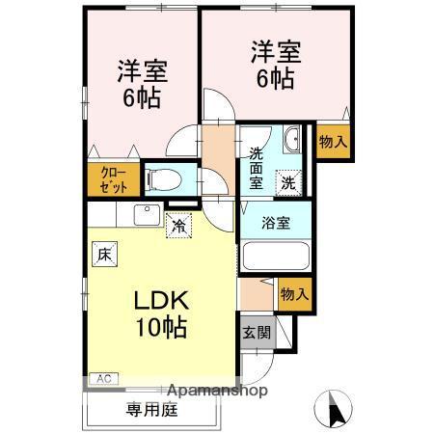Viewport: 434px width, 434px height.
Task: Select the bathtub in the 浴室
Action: [x=275, y=258]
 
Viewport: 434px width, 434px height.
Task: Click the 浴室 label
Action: [x=277, y=223]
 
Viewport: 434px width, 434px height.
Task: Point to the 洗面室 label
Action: [x=257, y=166]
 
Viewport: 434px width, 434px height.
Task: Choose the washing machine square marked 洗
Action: [x=288, y=179]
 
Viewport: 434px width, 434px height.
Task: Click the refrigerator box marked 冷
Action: [x=178, y=226]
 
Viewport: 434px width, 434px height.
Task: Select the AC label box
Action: [x=102, y=379]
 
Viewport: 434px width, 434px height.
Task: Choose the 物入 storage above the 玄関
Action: [x=293, y=293]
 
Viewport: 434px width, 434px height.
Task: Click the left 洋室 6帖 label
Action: [x=142, y=83]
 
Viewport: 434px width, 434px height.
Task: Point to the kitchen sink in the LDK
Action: [x=147, y=213]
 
